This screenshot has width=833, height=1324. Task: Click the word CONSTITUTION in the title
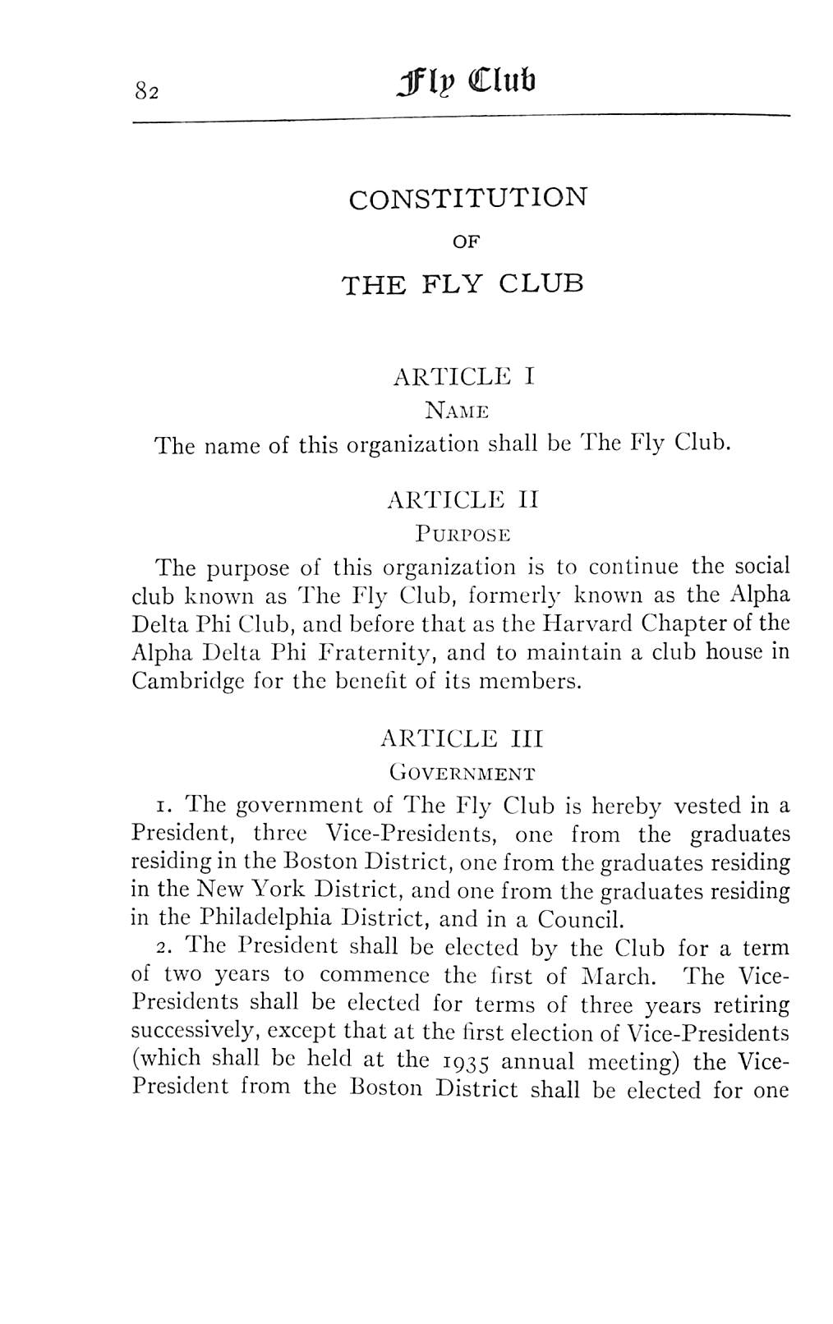pyautogui.click(x=468, y=199)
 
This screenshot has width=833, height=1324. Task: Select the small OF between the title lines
pyautogui.click(x=466, y=242)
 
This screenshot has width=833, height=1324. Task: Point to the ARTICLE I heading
pyautogui.click(x=465, y=377)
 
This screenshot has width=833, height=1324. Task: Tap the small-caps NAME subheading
pyautogui.click(x=457, y=410)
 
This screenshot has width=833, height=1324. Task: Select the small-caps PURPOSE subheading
pyautogui.click(x=463, y=534)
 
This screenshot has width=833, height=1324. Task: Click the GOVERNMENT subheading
pyautogui.click(x=463, y=773)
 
